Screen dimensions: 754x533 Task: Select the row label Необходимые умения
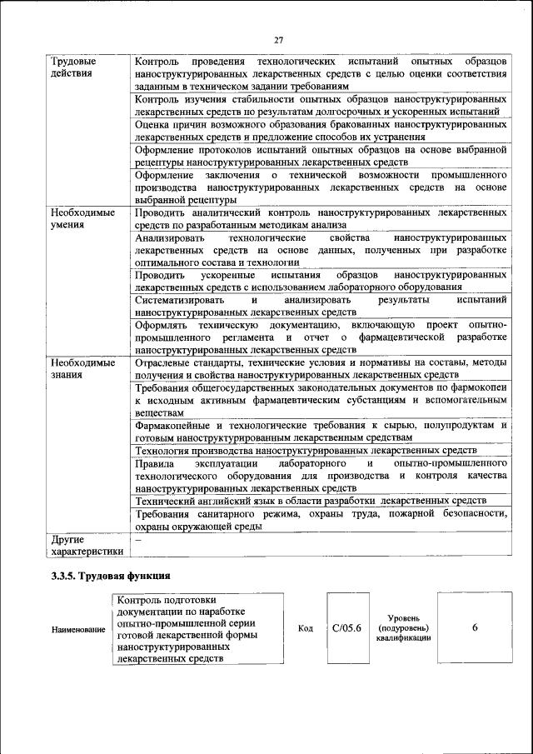[x=82, y=219]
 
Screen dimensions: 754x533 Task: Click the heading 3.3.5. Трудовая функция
[x=111, y=576]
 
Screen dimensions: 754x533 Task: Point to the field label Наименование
[x=78, y=629]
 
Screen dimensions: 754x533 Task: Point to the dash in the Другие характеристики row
[x=138, y=541]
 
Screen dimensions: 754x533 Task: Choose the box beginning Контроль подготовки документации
[x=196, y=628]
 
